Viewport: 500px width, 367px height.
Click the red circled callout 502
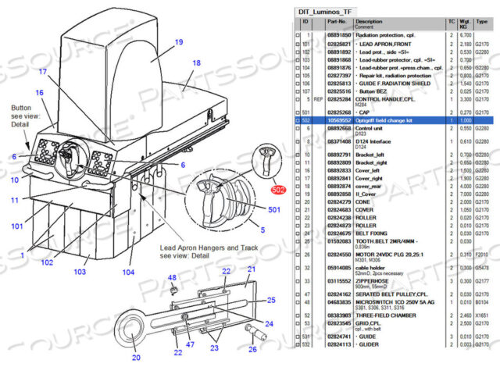(x=278, y=188)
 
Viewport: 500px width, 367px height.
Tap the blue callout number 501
(x=275, y=209)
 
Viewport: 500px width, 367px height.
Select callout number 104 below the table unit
(x=128, y=273)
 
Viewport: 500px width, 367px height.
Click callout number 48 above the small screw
(x=173, y=278)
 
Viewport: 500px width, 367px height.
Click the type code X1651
(x=483, y=312)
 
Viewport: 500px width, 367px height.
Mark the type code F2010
(x=483, y=254)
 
